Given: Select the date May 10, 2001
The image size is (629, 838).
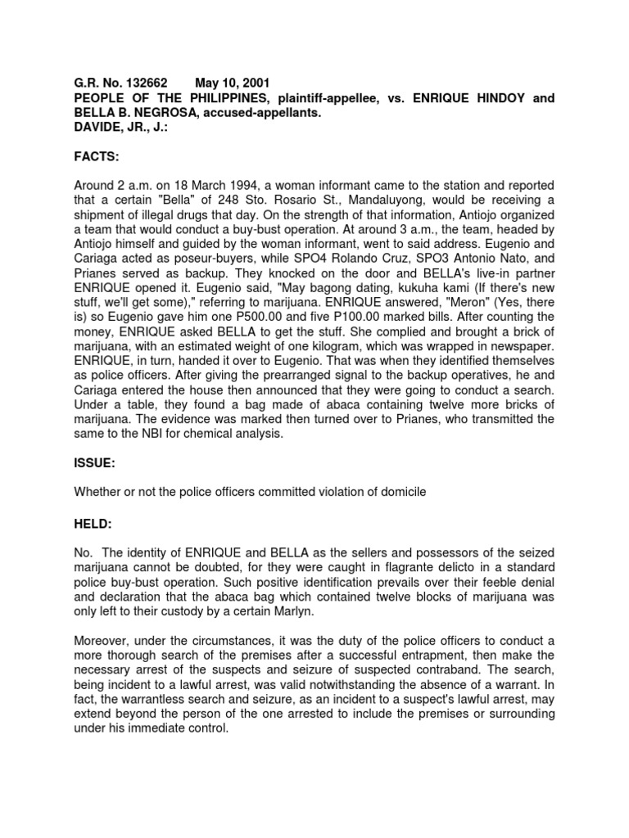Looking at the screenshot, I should point(231,83).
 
